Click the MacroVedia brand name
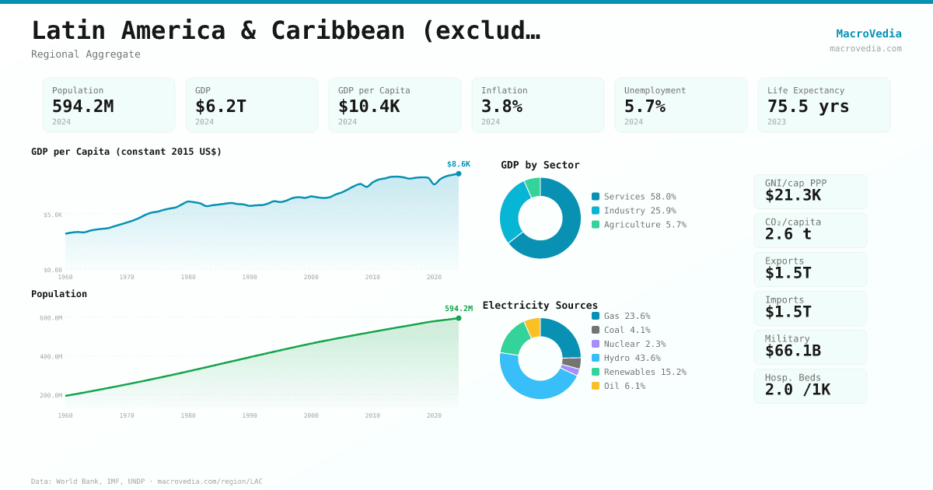pyautogui.click(x=868, y=33)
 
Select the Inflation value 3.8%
pyautogui.click(x=501, y=107)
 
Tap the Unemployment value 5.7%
pyautogui.click(x=645, y=107)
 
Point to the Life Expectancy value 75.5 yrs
pyautogui.click(x=808, y=107)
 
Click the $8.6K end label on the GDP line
pyautogui.click(x=458, y=164)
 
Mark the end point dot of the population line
pyautogui.click(x=459, y=318)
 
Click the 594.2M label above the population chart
pyautogui.click(x=458, y=309)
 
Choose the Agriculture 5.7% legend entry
pyautogui.click(x=639, y=225)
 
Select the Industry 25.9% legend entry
pyautogui.click(x=639, y=211)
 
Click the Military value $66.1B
pyautogui.click(x=792, y=351)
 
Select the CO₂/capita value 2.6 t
pyautogui.click(x=788, y=234)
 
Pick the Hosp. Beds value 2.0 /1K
pyautogui.click(x=797, y=390)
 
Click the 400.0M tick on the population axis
pyautogui.click(x=51, y=357)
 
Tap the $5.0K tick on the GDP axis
pyautogui.click(x=53, y=215)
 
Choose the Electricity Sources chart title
pyautogui.click(x=540, y=306)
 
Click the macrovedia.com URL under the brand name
pyautogui.click(x=865, y=49)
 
